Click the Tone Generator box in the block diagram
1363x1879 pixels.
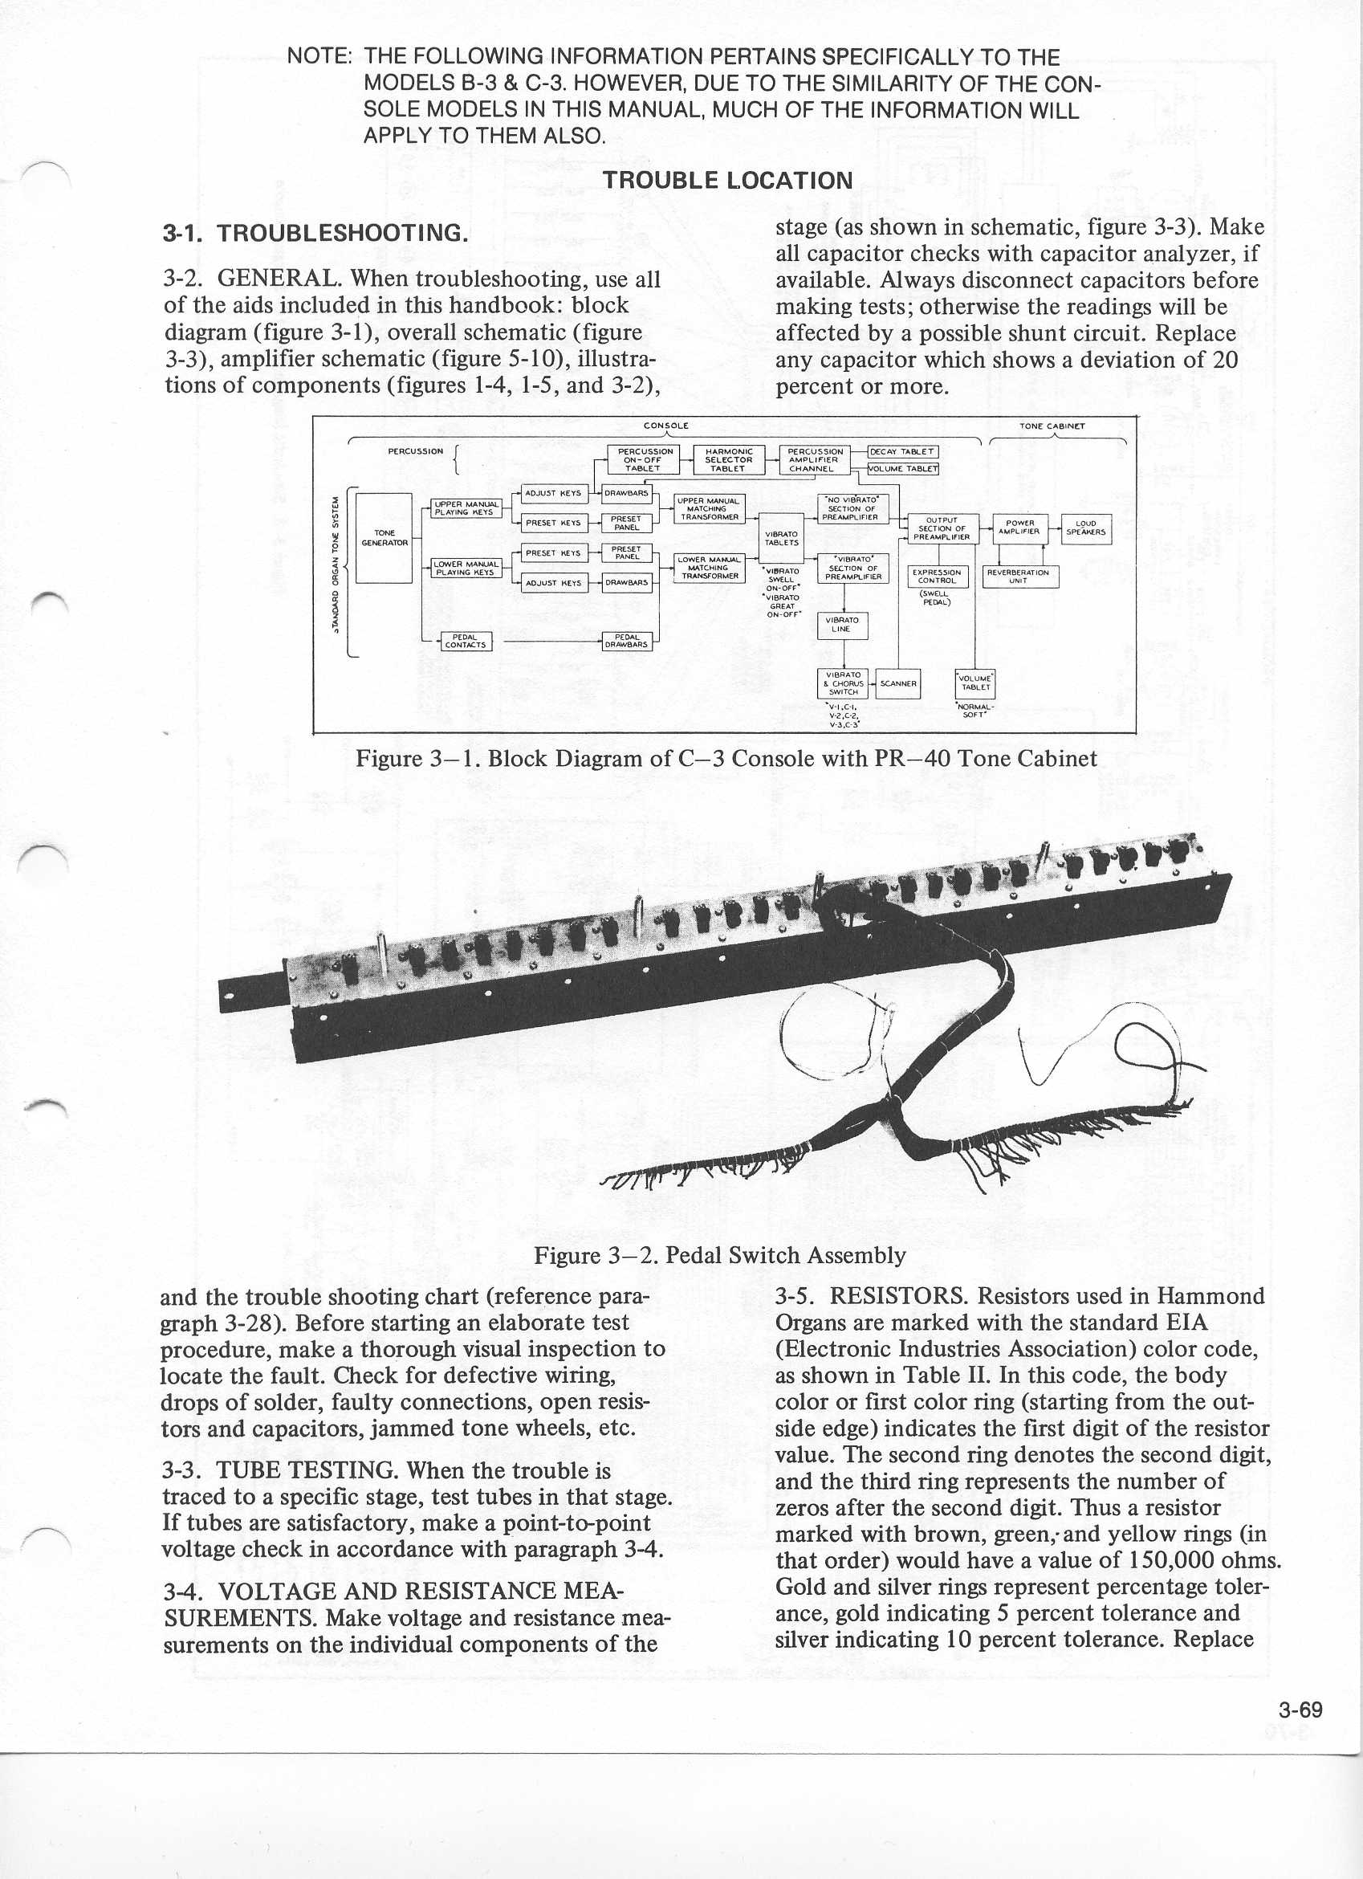(384, 538)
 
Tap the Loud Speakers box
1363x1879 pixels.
(1085, 528)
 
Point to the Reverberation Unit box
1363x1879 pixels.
(1019, 576)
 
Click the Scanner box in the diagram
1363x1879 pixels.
(897, 683)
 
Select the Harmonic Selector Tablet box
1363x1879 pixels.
(728, 459)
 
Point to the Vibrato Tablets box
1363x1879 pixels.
(782, 539)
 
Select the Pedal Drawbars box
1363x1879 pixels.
(626, 642)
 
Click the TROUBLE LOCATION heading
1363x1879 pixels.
(727, 181)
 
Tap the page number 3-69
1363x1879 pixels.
(1300, 1709)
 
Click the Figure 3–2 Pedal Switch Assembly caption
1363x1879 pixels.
(719, 1255)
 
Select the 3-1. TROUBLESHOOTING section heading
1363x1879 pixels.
(315, 233)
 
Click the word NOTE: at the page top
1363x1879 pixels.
(320, 57)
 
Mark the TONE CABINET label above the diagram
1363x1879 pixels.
(1052, 426)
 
